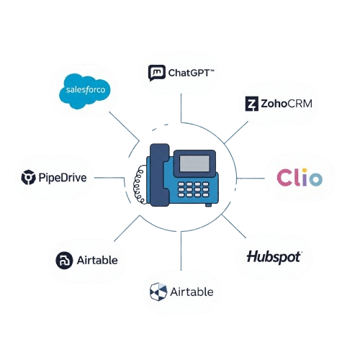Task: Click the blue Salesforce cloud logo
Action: click(85, 91)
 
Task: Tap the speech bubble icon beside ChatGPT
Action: click(157, 73)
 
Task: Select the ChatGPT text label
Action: click(191, 73)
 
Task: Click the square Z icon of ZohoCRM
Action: click(252, 104)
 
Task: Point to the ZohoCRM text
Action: click(287, 104)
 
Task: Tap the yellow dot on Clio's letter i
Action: click(305, 170)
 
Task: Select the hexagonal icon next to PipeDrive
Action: click(28, 177)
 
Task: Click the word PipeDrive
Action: click(63, 178)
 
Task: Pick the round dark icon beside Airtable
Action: click(64, 261)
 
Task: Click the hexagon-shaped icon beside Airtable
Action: click(158, 292)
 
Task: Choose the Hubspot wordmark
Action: click(274, 257)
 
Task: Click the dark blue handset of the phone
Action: click(159, 175)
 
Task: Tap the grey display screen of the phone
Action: click(194, 163)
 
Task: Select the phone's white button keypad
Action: click(193, 189)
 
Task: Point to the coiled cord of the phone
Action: click(140, 185)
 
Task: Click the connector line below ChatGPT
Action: click(181, 108)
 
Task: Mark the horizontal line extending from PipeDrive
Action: click(109, 178)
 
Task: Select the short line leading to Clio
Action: click(251, 179)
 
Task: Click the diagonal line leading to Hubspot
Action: click(234, 226)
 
